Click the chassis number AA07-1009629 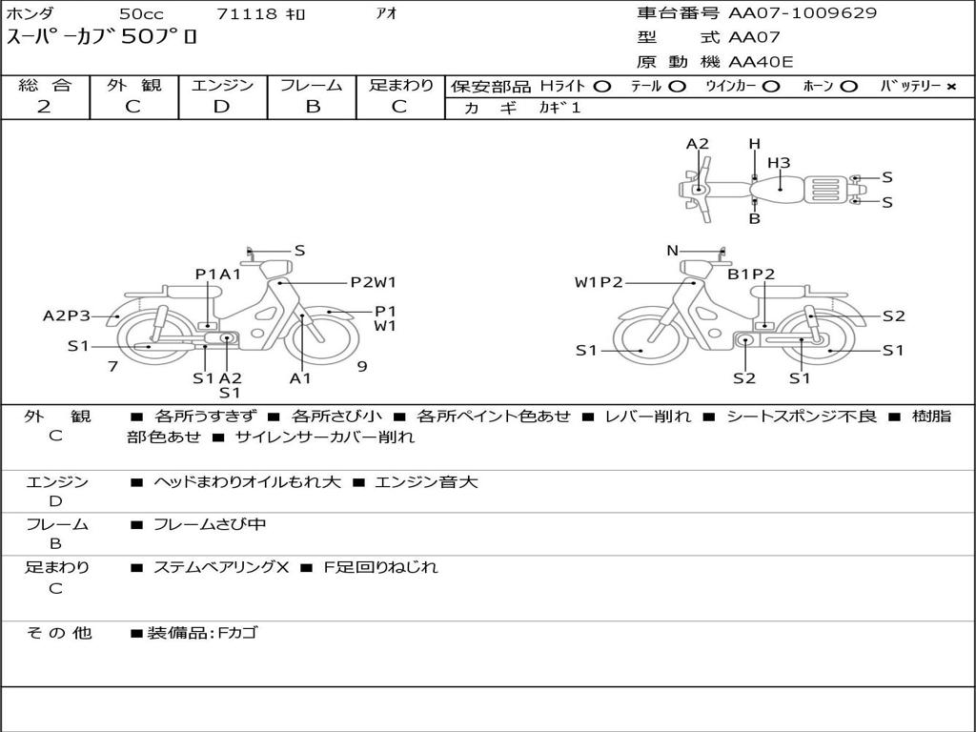point(803,13)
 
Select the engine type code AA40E point(761,62)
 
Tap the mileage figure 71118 point(246,13)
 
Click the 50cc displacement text point(141,13)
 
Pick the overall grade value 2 point(44,107)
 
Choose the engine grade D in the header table point(221,107)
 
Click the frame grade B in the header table point(313,107)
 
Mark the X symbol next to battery point(951,87)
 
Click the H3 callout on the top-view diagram point(779,163)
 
